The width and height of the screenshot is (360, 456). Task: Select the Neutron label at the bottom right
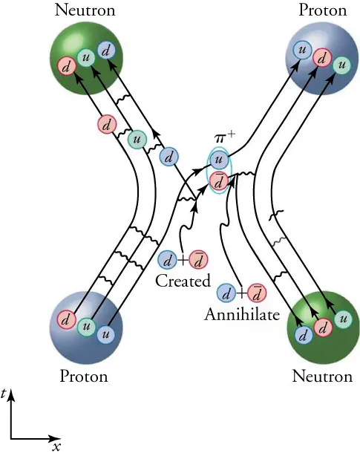(321, 377)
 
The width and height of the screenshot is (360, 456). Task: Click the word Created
(183, 281)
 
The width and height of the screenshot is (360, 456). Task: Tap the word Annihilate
(241, 314)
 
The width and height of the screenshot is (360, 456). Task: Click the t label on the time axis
(4, 397)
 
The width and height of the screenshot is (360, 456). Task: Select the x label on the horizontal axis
(56, 446)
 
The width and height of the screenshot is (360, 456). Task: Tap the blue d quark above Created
(168, 260)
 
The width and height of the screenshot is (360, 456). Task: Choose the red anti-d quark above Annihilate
(256, 292)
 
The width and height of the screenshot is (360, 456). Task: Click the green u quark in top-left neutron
(87, 56)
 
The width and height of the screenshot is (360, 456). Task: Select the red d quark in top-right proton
(322, 56)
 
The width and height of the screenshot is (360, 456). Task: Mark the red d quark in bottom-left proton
(68, 321)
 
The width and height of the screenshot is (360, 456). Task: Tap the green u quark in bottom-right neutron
(342, 319)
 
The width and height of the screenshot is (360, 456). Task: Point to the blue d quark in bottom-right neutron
(302, 335)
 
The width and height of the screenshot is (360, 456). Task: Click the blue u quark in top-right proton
(301, 50)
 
